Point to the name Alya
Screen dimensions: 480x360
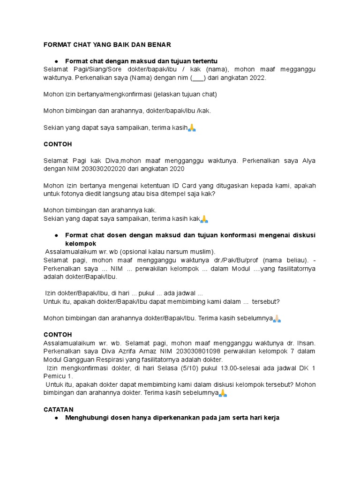point(307,161)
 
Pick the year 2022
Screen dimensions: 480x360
point(257,78)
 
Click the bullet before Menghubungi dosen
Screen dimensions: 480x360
point(56,418)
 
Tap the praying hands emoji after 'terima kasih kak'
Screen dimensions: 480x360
point(204,219)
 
